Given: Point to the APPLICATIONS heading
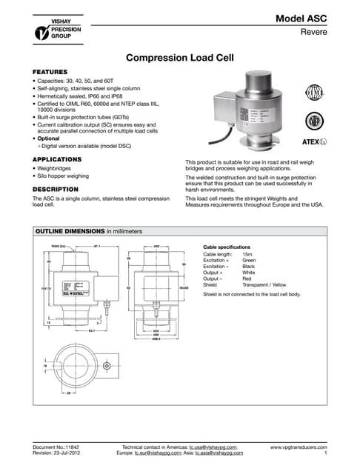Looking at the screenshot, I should pos(56,159).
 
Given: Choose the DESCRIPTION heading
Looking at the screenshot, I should pos(55,189).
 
